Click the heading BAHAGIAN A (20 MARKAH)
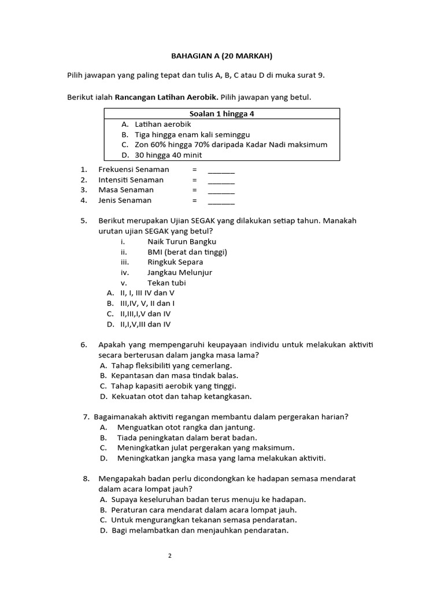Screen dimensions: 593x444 (221, 56)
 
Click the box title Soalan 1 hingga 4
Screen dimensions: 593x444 (222, 114)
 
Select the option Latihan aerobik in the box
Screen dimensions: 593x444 (162, 124)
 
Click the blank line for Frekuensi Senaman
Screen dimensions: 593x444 (221, 170)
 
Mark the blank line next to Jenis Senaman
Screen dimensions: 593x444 (221, 202)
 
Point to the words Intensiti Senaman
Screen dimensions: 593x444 (131, 180)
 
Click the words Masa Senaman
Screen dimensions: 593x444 (126, 190)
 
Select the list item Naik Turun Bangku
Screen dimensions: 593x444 (182, 241)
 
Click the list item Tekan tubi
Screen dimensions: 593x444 (167, 283)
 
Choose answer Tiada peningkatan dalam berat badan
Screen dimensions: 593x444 (187, 437)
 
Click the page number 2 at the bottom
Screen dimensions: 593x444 (170, 556)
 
